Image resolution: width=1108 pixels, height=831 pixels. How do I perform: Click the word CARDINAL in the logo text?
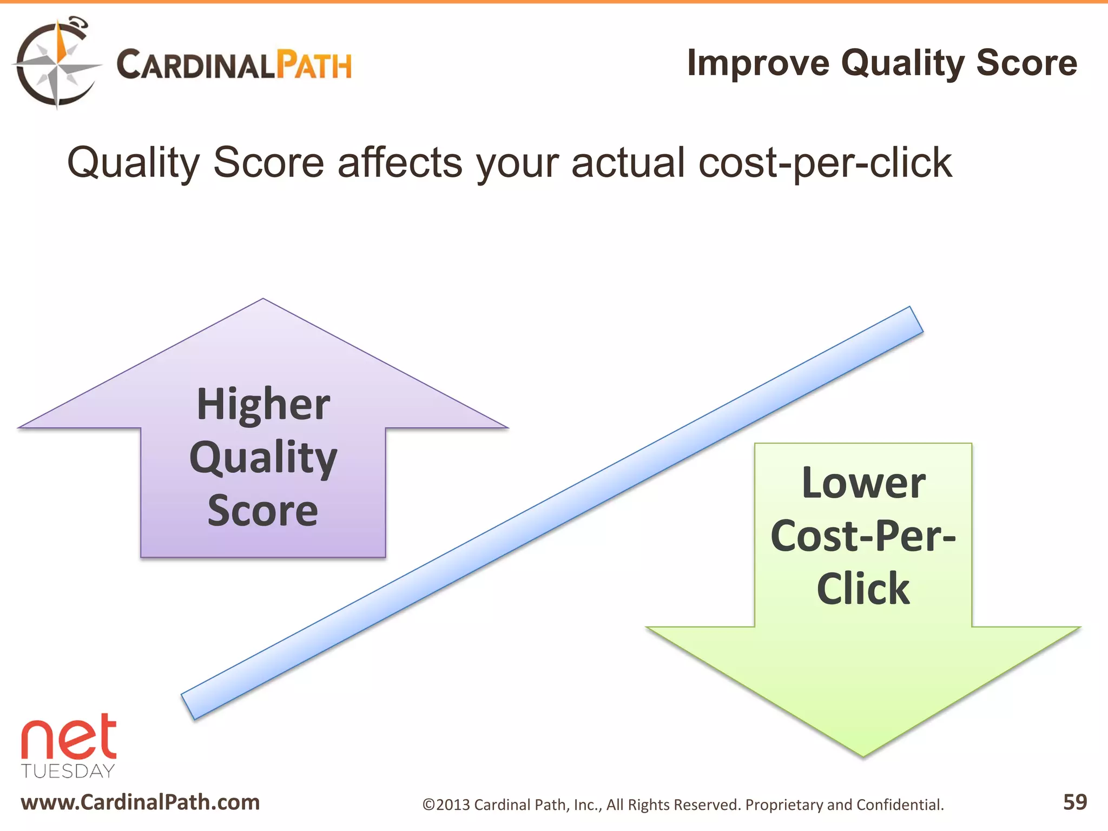pos(196,65)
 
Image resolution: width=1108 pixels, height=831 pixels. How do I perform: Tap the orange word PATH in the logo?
pos(314,65)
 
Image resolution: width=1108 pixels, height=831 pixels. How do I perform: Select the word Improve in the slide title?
pos(758,64)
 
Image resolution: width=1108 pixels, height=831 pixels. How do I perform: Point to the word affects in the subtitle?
pos(400,162)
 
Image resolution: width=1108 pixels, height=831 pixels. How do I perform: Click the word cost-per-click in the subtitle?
pos(825,162)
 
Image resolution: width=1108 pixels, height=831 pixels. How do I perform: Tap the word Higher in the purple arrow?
pos(263,405)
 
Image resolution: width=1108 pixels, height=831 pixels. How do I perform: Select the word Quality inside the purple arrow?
pos(263,458)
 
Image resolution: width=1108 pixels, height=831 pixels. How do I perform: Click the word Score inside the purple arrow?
pos(263,511)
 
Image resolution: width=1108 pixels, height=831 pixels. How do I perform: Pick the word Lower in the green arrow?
pos(863,483)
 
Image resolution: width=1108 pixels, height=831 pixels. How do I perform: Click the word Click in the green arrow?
pos(863,589)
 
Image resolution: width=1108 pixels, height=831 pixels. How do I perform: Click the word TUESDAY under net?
pos(68,771)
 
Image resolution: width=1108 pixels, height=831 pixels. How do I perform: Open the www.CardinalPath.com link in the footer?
pos(140,802)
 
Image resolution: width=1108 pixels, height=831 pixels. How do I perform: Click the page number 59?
pos(1074,802)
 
